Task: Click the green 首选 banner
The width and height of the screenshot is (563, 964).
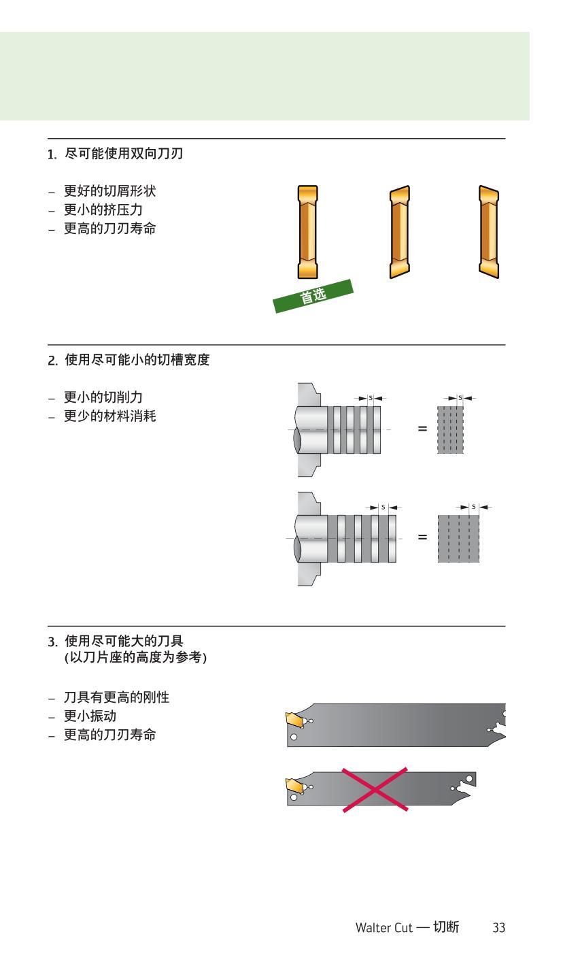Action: tap(313, 297)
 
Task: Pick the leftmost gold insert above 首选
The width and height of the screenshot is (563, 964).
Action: tap(307, 231)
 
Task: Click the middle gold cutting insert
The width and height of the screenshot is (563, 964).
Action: tap(399, 231)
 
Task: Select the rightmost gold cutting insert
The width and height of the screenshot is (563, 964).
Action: tap(489, 231)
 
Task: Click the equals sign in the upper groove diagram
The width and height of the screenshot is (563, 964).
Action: tap(422, 429)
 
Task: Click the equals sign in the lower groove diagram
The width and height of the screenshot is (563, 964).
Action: tap(422, 537)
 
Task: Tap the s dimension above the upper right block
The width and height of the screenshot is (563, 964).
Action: tap(460, 397)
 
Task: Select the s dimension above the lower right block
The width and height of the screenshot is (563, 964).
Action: tap(474, 507)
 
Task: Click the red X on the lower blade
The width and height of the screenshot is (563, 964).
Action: tap(375, 790)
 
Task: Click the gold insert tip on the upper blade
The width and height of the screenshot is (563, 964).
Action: tap(293, 718)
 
